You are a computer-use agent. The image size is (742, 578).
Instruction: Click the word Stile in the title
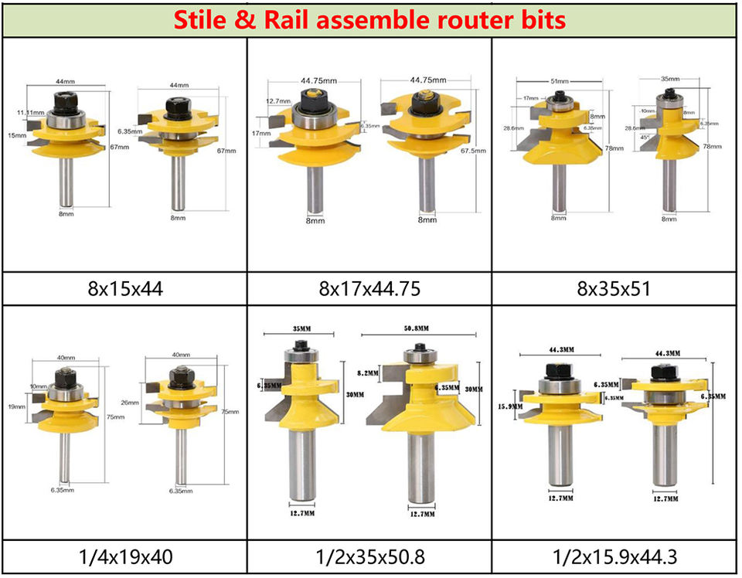[x=203, y=20]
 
